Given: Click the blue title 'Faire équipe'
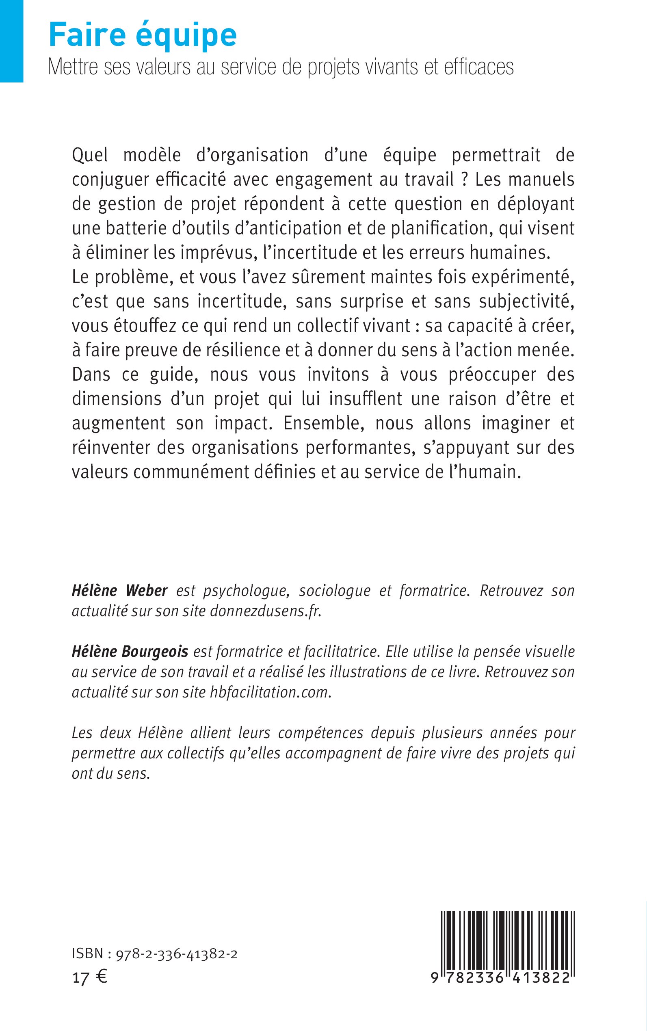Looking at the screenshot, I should pos(143,35).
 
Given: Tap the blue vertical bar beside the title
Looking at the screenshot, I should pos(11,41).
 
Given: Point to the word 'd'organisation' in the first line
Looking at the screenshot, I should pos(252,155).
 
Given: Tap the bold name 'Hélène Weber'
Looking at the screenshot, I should pos(119,591).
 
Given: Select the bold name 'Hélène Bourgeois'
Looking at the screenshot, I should pos(130,652).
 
